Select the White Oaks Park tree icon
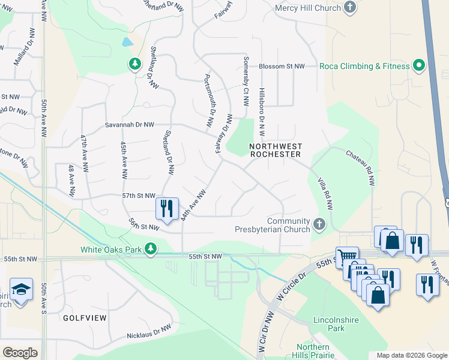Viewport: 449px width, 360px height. coord(152,248)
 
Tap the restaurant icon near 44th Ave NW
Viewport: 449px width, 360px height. coord(167,208)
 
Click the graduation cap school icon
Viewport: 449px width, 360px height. coord(21,289)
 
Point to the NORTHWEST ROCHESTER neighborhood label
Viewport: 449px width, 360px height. coord(275,150)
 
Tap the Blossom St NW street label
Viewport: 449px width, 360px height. coord(282,66)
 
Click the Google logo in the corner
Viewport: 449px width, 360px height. coord(20,352)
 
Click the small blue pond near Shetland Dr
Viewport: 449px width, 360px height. coord(127,43)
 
